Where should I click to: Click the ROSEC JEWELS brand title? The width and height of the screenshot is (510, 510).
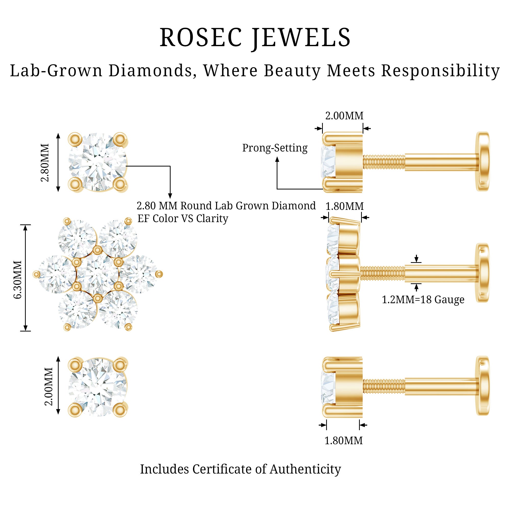[255, 37]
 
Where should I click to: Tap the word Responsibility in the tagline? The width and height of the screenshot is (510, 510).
[440, 71]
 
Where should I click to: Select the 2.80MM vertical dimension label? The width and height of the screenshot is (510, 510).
[45, 163]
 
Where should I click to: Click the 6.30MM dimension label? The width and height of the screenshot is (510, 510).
[18, 279]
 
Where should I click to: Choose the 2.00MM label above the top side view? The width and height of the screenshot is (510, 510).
[344, 116]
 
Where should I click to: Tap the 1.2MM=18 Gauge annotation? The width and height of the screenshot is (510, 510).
[423, 300]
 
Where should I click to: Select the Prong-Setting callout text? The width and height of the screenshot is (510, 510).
[275, 148]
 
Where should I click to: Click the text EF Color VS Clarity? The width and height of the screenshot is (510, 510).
[183, 219]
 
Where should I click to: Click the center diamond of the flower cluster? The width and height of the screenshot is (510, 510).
[97, 275]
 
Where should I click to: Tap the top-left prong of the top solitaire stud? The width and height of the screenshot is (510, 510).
[75, 139]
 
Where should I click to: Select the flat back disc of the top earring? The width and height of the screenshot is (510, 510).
[482, 161]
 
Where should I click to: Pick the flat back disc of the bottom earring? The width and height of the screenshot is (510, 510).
[482, 386]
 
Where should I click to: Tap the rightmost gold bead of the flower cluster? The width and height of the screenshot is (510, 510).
[159, 274]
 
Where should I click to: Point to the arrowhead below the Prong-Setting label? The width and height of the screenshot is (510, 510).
[277, 159]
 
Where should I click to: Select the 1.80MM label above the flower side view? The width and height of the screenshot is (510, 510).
[345, 206]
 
